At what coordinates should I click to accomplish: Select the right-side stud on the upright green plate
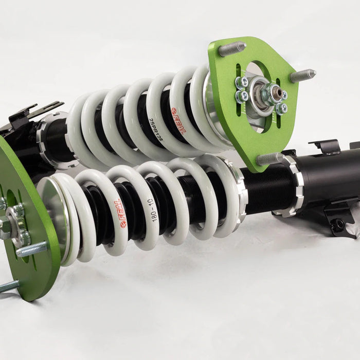(302, 76)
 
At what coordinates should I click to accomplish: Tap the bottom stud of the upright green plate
(269, 158)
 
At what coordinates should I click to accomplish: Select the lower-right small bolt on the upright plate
(281, 108)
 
